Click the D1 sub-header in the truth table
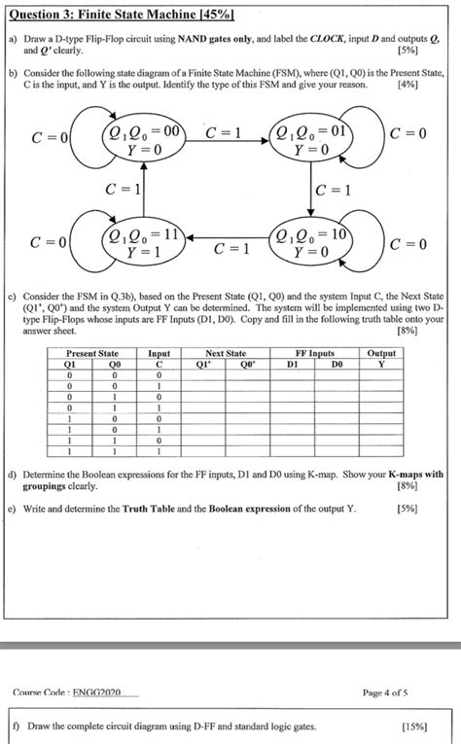292,364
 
